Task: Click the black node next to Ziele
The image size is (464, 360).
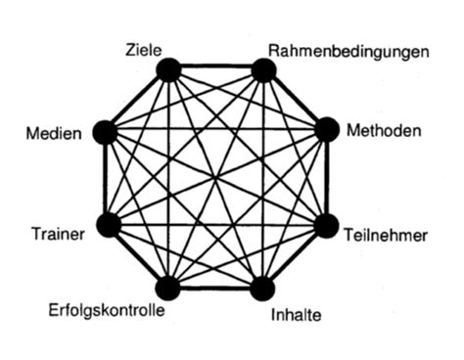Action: coord(168,69)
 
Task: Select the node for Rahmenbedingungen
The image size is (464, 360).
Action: coord(262,69)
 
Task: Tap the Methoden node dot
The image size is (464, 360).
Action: coord(326,129)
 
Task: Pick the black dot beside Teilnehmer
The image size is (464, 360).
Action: coord(326,225)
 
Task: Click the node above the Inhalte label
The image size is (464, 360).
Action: coord(262,288)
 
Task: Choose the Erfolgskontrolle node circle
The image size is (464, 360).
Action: coord(168,288)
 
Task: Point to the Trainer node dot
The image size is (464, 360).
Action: coord(108,225)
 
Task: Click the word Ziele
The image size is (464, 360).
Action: coord(144,47)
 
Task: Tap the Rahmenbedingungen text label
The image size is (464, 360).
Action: coord(348,50)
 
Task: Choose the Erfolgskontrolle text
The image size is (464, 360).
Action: coord(106,312)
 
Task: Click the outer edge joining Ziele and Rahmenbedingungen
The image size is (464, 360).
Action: coord(215,67)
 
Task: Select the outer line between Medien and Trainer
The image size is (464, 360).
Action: coord(106,178)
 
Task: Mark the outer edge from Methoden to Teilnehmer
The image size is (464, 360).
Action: coord(328,177)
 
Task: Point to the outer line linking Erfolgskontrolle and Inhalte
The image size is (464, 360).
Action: coord(215,289)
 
